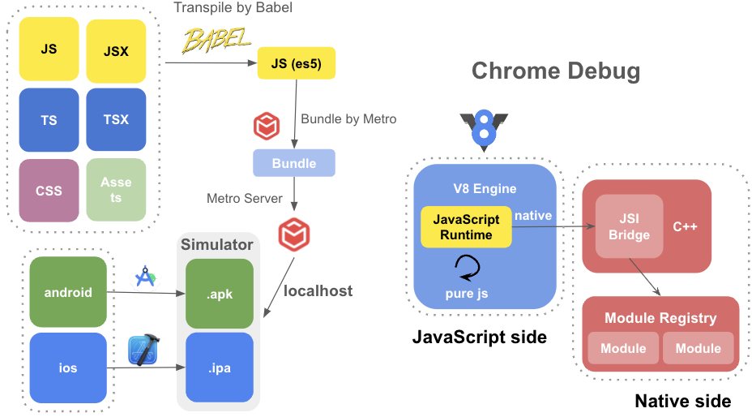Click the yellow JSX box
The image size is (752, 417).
pyautogui.click(x=116, y=51)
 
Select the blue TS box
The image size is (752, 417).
pyautogui.click(x=49, y=119)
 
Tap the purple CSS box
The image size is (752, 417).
pyautogui.click(x=49, y=191)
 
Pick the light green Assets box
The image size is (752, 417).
pyautogui.click(x=116, y=190)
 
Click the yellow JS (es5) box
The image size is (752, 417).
pyautogui.click(x=297, y=63)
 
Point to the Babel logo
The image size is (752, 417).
pyautogui.click(x=216, y=40)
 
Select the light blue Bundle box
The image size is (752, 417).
pyautogui.click(x=294, y=163)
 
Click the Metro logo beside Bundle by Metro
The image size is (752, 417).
pyautogui.click(x=267, y=126)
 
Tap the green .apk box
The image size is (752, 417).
pyautogui.click(x=220, y=294)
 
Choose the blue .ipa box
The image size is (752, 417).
pyautogui.click(x=220, y=368)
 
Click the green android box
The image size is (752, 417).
pyautogui.click(x=68, y=291)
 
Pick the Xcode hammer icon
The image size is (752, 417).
pyautogui.click(x=143, y=350)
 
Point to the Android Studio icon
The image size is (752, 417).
pyautogui.click(x=145, y=277)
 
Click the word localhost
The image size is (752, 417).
pyautogui.click(x=318, y=290)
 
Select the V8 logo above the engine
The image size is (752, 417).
pyautogui.click(x=484, y=130)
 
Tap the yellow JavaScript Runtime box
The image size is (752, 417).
pyautogui.click(x=466, y=227)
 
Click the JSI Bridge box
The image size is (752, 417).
pyautogui.click(x=629, y=226)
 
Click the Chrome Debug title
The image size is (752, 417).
pyautogui.click(x=556, y=71)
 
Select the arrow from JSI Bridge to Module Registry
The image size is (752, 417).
pyautogui.click(x=645, y=277)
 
